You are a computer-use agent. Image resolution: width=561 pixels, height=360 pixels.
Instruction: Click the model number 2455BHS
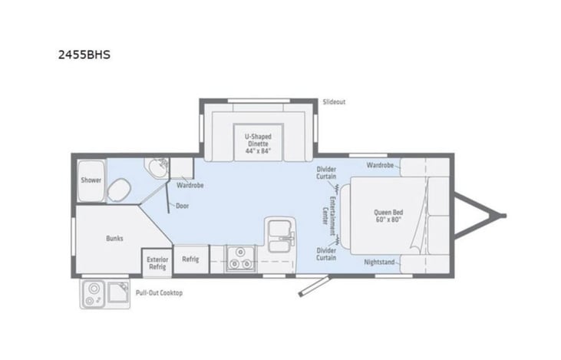84,54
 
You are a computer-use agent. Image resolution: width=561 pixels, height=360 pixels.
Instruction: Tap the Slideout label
334,102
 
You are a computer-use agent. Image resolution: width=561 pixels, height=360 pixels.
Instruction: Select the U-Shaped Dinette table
259,143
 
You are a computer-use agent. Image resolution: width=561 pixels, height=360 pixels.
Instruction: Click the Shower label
91,180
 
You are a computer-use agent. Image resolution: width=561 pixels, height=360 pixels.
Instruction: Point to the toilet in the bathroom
119,190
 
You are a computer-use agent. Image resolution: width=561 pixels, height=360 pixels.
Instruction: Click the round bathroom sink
158,168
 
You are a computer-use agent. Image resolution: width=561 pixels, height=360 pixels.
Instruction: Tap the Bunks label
114,238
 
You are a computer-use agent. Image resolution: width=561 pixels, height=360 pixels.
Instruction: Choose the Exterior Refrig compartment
157,263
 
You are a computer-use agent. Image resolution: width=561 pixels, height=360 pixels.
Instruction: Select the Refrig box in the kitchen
190,259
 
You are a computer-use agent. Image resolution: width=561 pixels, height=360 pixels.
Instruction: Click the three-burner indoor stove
240,259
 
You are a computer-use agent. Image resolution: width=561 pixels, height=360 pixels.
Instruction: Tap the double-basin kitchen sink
280,234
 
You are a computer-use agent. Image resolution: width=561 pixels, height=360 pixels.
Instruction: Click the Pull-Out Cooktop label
159,293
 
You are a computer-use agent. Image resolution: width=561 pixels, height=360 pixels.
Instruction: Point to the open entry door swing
314,286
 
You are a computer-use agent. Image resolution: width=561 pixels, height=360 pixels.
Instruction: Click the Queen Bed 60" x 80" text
388,216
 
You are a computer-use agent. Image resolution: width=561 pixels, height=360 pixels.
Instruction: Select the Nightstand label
379,262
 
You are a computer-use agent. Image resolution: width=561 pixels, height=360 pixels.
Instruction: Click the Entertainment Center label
329,216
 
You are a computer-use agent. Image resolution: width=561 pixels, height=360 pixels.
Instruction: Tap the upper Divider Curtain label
326,173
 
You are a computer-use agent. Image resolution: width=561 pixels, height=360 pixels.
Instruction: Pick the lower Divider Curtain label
326,254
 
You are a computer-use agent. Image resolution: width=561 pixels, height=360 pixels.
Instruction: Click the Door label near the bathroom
183,206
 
